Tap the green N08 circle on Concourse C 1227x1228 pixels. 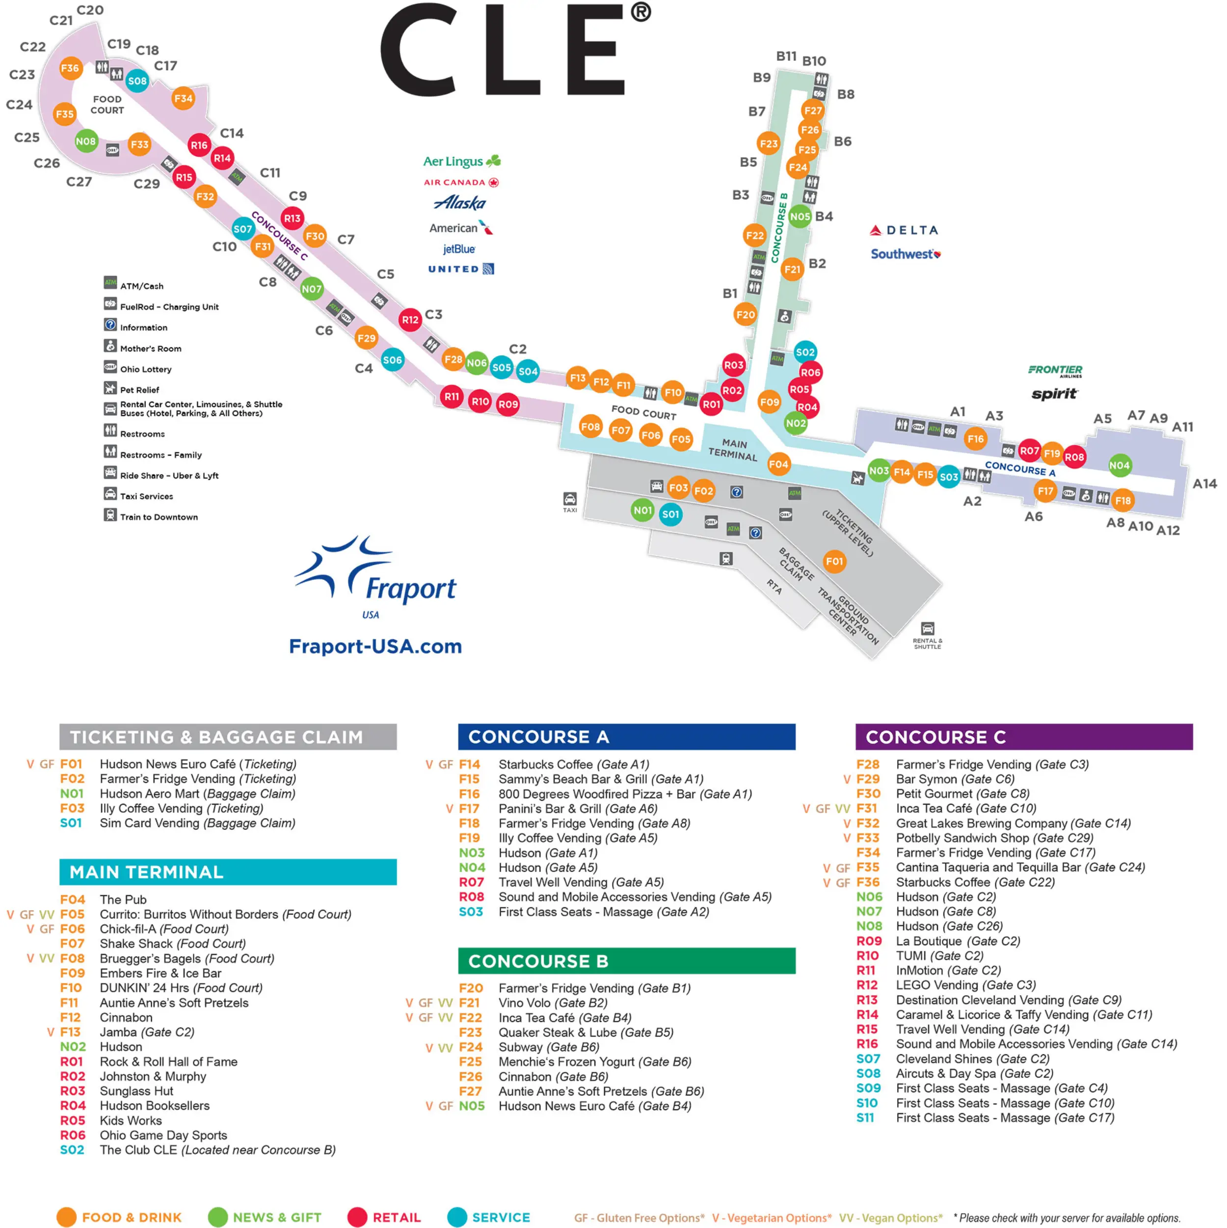[x=86, y=141]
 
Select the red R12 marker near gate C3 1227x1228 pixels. [x=410, y=320]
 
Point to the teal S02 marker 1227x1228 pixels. [x=804, y=352]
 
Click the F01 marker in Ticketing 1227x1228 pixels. [x=834, y=561]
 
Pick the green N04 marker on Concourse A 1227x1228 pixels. [x=1119, y=465]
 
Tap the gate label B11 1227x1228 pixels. [x=786, y=56]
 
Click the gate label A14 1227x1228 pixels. [x=1204, y=484]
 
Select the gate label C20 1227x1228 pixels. [x=90, y=10]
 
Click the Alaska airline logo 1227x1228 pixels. [x=460, y=203]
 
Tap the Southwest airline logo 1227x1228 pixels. [x=906, y=254]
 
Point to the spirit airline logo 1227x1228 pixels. [x=1054, y=394]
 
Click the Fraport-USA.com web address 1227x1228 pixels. [x=375, y=647]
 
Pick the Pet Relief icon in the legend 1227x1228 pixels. [x=110, y=388]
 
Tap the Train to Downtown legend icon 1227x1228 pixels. [x=110, y=515]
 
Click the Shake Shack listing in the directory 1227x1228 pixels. [x=172, y=944]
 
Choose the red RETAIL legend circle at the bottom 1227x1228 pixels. [x=357, y=1217]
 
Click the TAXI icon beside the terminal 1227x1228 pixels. [x=569, y=499]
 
